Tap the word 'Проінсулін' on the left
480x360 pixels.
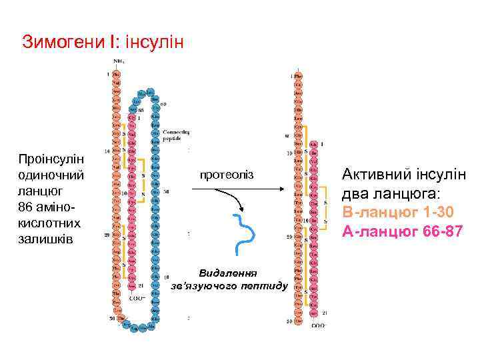pyautogui.click(x=51, y=161)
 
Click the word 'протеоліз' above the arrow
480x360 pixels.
pyautogui.click(x=227, y=175)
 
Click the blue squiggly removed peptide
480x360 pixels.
pyautogui.click(x=244, y=233)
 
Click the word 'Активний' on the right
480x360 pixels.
pyautogui.click(x=373, y=176)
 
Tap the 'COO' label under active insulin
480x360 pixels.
pyautogui.click(x=317, y=325)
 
